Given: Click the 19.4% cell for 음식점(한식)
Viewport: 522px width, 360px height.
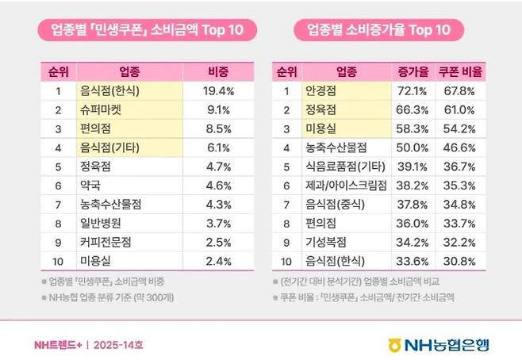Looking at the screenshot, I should click(x=217, y=90).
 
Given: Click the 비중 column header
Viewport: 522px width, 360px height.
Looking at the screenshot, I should click(x=217, y=71).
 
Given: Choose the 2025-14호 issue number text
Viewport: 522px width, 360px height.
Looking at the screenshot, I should click(x=119, y=345).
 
